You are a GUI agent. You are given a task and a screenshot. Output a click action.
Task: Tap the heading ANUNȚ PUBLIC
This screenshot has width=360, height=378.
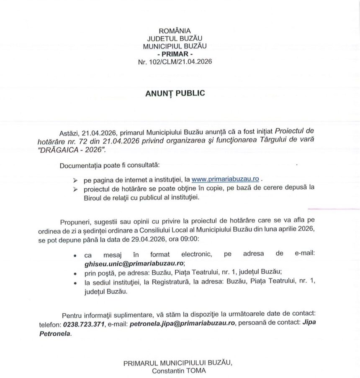click(175, 93)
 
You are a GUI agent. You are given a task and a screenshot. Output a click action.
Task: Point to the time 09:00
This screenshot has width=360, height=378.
click(191, 240)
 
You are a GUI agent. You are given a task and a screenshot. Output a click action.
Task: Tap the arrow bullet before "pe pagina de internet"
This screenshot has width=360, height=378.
click(75, 180)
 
